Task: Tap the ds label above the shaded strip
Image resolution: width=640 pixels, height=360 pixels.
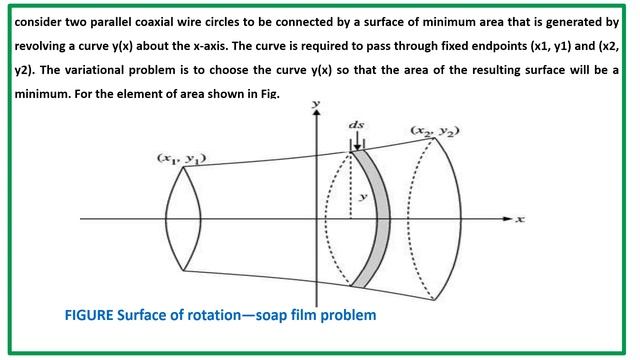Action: pos(357,125)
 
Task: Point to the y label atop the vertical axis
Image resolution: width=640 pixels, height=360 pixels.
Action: pos(316,104)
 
